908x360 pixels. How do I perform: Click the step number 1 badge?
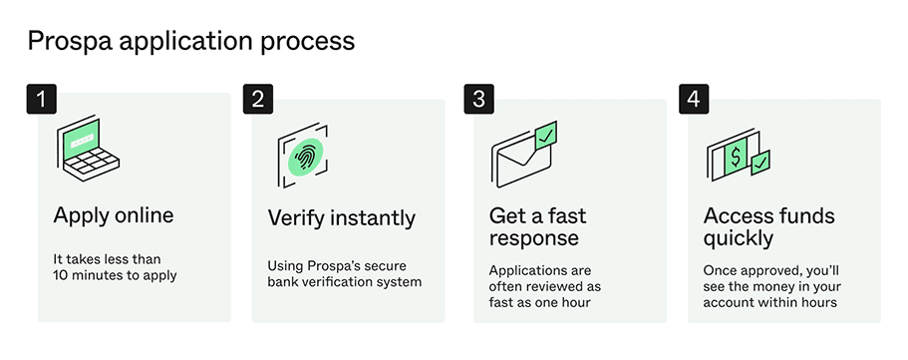[x=41, y=100]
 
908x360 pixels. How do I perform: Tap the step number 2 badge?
[x=257, y=100]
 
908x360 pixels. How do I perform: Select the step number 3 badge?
[x=478, y=100]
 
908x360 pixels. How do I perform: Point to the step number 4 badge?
[x=693, y=100]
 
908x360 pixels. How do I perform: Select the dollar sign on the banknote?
[x=735, y=156]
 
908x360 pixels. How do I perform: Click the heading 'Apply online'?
[x=114, y=215]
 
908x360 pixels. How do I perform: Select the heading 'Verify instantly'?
[x=341, y=216]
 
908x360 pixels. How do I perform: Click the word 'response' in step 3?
[x=534, y=238]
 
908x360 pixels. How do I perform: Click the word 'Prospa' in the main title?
[x=64, y=41]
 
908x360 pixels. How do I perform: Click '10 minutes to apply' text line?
[x=115, y=275]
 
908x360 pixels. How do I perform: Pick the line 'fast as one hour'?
[x=539, y=303]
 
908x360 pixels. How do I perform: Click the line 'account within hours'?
[x=770, y=303]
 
